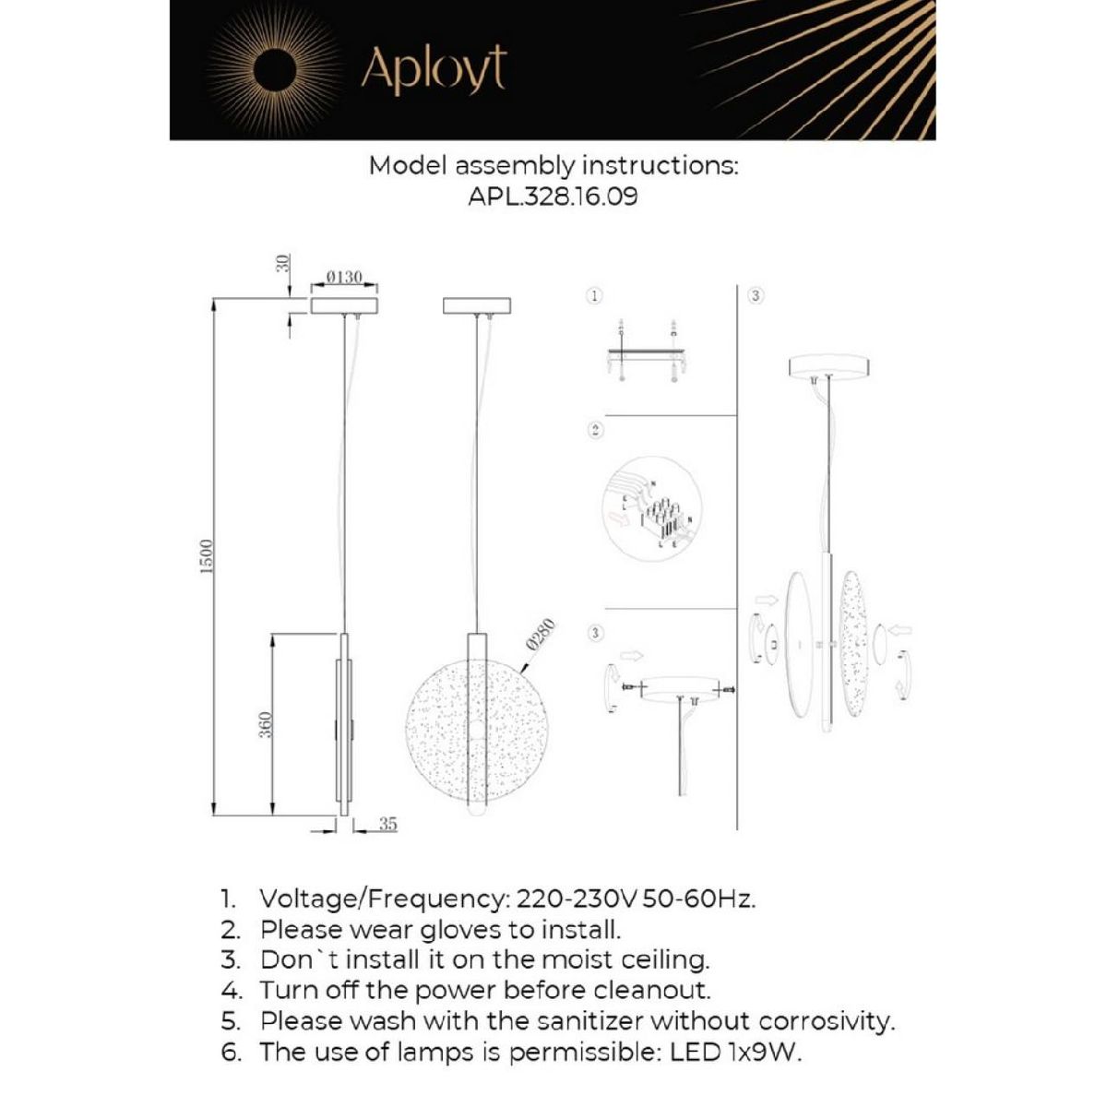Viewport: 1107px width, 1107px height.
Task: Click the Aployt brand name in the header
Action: [434, 69]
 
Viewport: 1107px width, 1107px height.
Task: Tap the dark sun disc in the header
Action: [275, 69]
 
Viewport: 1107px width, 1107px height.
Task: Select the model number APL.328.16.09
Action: [553, 196]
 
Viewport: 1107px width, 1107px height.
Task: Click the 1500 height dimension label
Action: [207, 556]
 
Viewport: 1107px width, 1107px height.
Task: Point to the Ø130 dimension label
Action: [345, 278]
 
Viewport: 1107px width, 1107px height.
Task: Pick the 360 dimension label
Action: [265, 725]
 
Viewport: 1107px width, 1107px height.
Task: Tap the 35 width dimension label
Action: [387, 824]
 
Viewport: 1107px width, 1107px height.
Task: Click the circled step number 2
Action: [595, 430]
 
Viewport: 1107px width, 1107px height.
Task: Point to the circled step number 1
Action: [595, 296]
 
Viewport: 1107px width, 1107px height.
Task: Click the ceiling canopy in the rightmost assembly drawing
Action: [829, 366]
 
